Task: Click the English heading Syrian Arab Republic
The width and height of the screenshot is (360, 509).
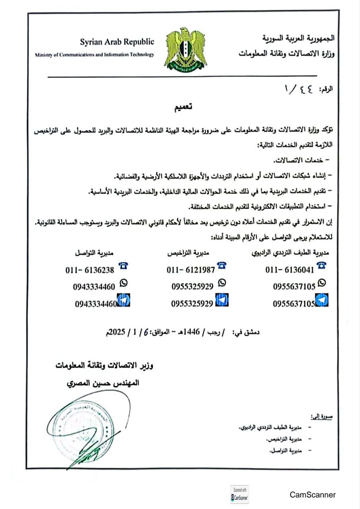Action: [117, 42]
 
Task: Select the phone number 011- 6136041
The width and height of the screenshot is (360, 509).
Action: [290, 270]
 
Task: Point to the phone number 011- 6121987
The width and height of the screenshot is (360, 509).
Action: [191, 270]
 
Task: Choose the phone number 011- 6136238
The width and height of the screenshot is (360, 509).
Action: [90, 270]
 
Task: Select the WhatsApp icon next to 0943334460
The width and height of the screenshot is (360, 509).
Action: [124, 283]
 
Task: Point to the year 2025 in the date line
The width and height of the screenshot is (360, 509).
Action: [116, 331]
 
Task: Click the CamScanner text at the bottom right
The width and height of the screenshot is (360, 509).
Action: [313, 495]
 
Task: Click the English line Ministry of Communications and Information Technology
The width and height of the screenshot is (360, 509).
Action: [94, 55]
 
